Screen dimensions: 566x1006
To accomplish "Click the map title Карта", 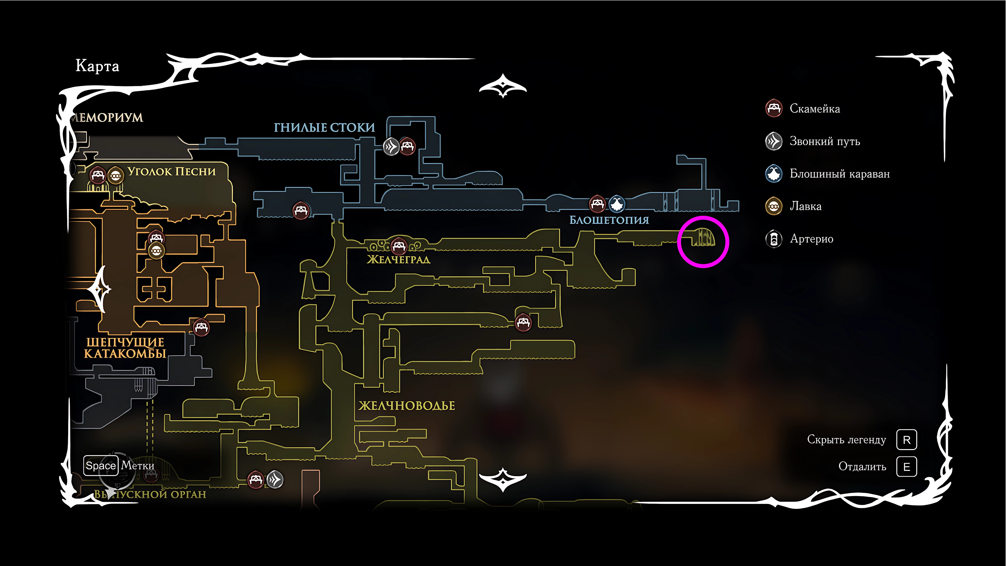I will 97,66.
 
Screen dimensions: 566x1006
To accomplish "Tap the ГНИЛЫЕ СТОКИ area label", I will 324,127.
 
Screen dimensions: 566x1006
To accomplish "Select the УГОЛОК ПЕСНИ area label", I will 172,172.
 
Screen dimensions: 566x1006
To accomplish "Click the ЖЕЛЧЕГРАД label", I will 398,259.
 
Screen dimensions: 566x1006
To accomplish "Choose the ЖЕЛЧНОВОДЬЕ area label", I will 406,406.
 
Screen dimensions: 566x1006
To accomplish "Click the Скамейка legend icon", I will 774,109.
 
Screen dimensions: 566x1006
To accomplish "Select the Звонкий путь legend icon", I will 774,141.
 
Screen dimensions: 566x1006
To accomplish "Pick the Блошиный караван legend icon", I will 774,173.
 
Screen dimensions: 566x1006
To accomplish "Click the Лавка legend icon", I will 774,206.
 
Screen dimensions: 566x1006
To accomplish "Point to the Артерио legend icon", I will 774,239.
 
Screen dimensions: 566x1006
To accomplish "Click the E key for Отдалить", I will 906,467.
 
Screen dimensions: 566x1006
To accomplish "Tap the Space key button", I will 100,466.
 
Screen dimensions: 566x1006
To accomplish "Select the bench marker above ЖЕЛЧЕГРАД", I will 399,246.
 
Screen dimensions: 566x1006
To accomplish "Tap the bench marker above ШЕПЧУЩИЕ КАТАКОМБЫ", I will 201,327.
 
